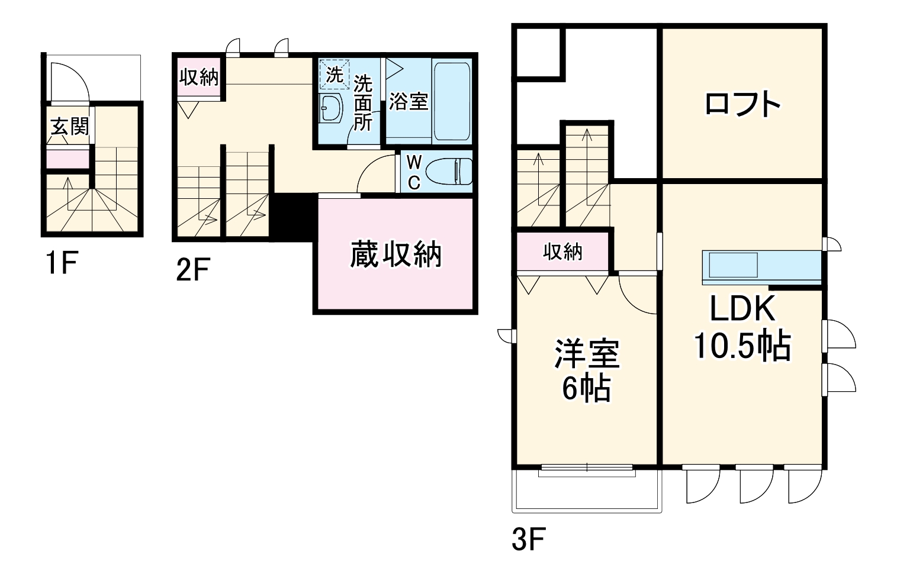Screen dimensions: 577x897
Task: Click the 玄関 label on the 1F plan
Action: (69, 126)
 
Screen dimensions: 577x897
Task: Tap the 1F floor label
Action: (60, 264)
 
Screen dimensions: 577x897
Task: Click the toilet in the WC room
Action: (448, 172)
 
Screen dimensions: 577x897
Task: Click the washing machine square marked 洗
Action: (334, 74)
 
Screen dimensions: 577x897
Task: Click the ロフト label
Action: (742, 105)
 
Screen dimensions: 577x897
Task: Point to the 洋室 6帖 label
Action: (586, 371)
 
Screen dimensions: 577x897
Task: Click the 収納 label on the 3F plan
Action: (562, 252)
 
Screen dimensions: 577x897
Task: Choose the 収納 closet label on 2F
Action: (199, 77)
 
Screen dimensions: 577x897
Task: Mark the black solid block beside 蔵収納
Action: (292, 217)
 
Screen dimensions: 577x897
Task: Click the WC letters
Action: (414, 172)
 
